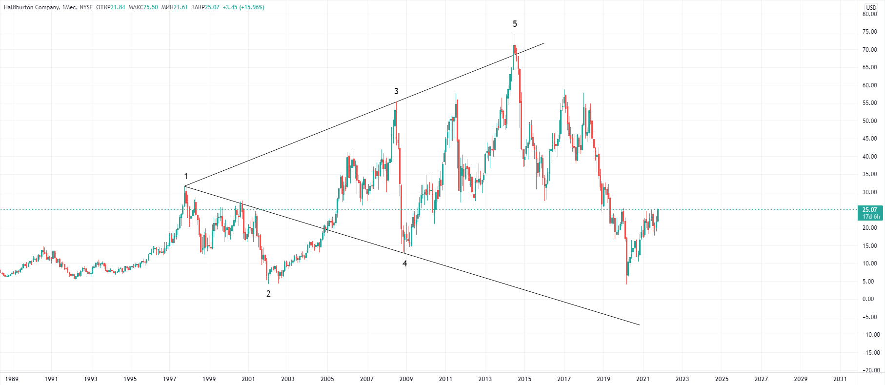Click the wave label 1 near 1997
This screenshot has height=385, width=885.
click(x=186, y=176)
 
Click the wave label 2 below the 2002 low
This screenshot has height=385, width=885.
click(x=268, y=294)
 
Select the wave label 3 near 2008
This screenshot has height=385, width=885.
click(x=396, y=91)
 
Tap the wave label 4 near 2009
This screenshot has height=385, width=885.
click(x=404, y=263)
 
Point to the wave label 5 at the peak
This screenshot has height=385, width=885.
click(x=515, y=24)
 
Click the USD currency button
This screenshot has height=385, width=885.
click(x=871, y=7)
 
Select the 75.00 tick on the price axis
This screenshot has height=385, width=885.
click(x=869, y=32)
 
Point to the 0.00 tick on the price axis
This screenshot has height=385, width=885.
click(x=869, y=299)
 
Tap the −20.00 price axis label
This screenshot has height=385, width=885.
click(x=869, y=370)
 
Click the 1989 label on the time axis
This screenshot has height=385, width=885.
click(x=11, y=379)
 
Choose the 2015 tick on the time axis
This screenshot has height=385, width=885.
click(x=524, y=379)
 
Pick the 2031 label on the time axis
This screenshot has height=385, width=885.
click(x=840, y=379)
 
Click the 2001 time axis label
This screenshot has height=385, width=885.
click(x=248, y=379)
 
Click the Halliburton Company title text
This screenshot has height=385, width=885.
click(x=32, y=7)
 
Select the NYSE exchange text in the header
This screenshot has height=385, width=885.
click(x=86, y=7)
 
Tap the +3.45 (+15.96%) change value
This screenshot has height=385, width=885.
click(x=243, y=7)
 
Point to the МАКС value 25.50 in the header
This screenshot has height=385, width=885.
click(x=151, y=7)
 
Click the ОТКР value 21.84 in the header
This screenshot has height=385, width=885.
click(x=118, y=7)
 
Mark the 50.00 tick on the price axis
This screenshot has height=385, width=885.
click(x=869, y=121)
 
